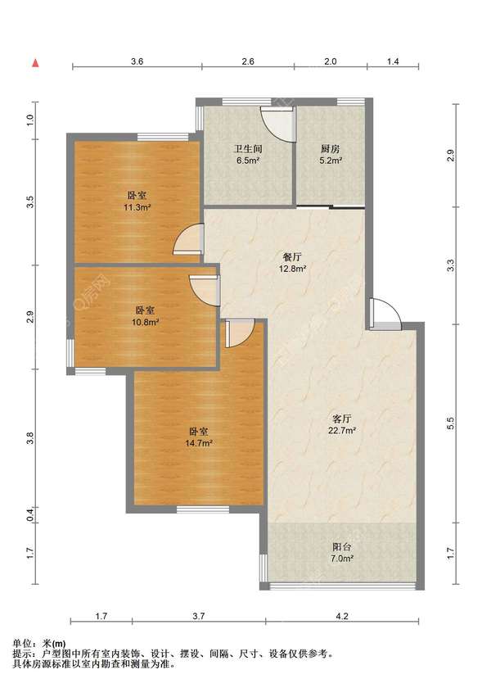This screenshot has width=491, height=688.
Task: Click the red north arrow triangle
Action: (x=36, y=63)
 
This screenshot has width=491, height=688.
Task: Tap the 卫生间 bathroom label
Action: (x=248, y=149)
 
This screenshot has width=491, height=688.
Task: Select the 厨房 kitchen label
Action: (x=331, y=149)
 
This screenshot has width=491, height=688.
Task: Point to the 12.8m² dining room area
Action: (x=292, y=269)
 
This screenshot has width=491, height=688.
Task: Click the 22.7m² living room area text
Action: (x=342, y=431)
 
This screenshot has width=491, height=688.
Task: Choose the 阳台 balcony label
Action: (x=342, y=547)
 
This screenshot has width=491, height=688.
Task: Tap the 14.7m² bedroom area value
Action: (x=199, y=443)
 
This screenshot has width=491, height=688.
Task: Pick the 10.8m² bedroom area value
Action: (x=145, y=322)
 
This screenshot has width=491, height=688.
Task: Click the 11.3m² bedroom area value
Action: (x=137, y=207)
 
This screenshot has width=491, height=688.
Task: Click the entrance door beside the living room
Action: (x=385, y=315)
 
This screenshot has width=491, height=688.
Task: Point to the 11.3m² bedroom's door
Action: (x=189, y=239)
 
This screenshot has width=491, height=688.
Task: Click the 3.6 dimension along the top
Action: (x=137, y=61)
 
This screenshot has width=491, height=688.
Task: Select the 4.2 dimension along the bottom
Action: (x=342, y=616)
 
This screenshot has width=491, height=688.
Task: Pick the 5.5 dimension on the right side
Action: (x=450, y=423)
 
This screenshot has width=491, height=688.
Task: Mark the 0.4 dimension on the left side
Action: (x=29, y=514)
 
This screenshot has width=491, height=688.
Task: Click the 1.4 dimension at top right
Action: (x=393, y=61)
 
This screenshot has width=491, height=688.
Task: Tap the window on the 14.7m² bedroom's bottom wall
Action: (x=203, y=509)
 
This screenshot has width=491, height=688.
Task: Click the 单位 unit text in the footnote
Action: (x=22, y=644)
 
